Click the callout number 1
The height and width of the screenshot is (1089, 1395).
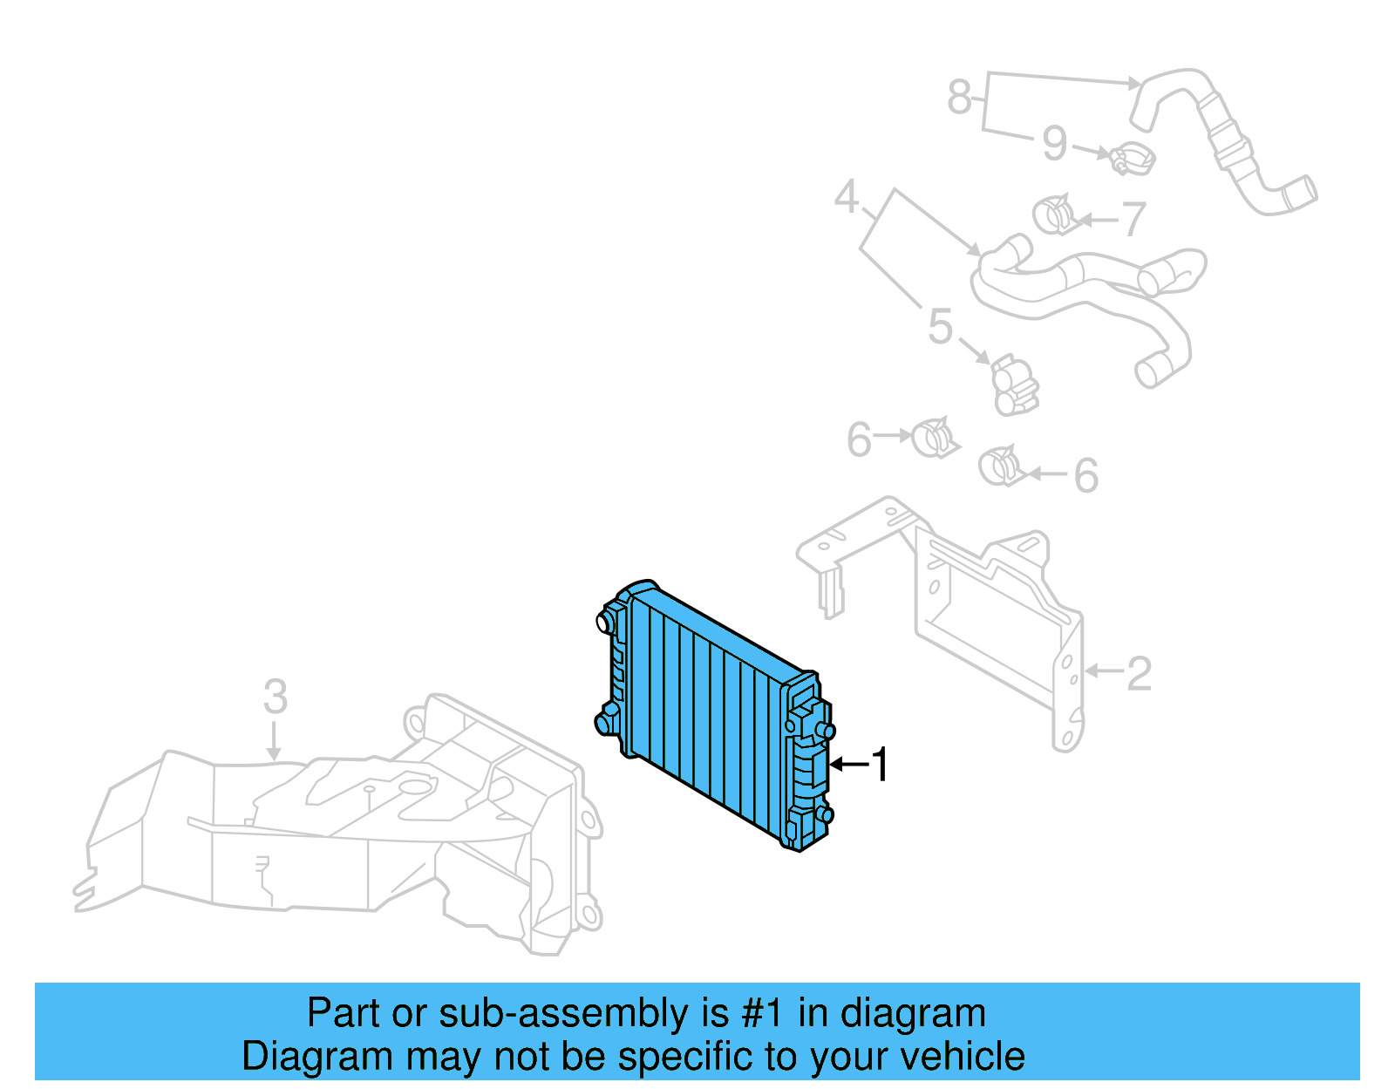pos(881,765)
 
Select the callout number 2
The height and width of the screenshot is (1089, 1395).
pos(1139,674)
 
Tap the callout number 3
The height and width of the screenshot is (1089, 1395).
pos(276,697)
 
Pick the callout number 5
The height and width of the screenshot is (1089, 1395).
pos(940,327)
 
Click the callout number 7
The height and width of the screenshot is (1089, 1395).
pos(1133,219)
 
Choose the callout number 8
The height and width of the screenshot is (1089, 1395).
pos(959,96)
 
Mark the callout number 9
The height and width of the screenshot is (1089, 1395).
pos(1055,144)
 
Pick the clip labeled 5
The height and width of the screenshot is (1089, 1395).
pos(1014,385)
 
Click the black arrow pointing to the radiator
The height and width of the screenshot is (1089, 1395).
pos(848,765)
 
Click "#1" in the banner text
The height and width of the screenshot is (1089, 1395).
pos(761,1013)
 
